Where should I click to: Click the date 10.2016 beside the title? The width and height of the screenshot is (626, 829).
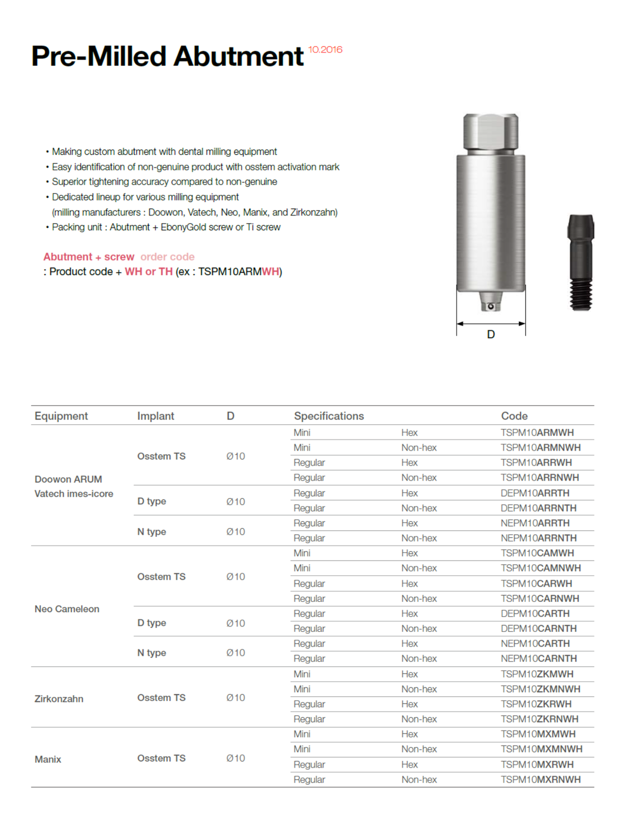point(325,50)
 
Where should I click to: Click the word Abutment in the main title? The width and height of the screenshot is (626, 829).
point(239,57)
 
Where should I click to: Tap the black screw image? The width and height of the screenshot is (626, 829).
point(580,262)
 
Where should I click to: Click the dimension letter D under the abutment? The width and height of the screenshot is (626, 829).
point(491,335)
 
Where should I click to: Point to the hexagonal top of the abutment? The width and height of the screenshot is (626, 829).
point(491,131)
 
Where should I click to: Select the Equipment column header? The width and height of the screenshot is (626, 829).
point(61,416)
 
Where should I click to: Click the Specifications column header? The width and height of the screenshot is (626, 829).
point(329,416)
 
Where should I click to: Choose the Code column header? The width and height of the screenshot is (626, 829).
point(514,416)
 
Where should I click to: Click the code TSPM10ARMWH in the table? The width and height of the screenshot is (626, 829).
point(537,433)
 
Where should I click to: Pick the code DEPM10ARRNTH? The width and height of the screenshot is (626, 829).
point(538,508)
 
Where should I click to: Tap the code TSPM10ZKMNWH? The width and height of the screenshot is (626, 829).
point(540,689)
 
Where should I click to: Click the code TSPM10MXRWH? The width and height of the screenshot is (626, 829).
point(537,765)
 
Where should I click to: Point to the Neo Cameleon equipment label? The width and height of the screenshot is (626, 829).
point(67,609)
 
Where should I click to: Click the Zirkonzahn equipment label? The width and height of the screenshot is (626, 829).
point(59,699)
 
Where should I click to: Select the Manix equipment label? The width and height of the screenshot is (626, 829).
point(48,759)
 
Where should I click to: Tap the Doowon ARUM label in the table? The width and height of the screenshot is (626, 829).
point(68,479)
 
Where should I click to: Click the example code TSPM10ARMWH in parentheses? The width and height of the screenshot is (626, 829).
point(239,272)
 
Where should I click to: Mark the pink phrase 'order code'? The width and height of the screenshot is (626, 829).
point(167,257)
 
